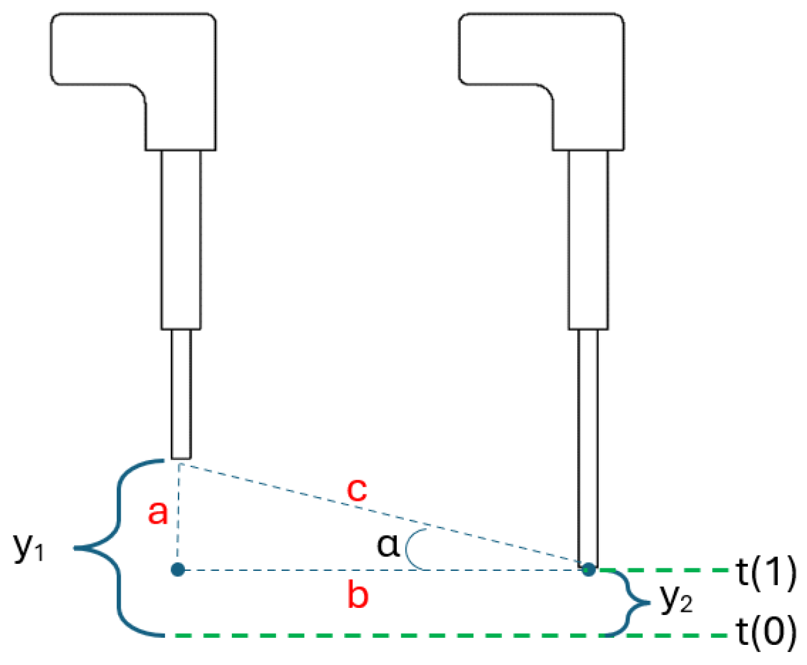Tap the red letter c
pos(356,490)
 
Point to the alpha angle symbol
pos(388,546)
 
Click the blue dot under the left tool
pos(178,570)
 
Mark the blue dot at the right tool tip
pos(589,570)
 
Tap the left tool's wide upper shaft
pos(181,240)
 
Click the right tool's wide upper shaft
pos(588,240)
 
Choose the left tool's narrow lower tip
pos(181,394)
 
